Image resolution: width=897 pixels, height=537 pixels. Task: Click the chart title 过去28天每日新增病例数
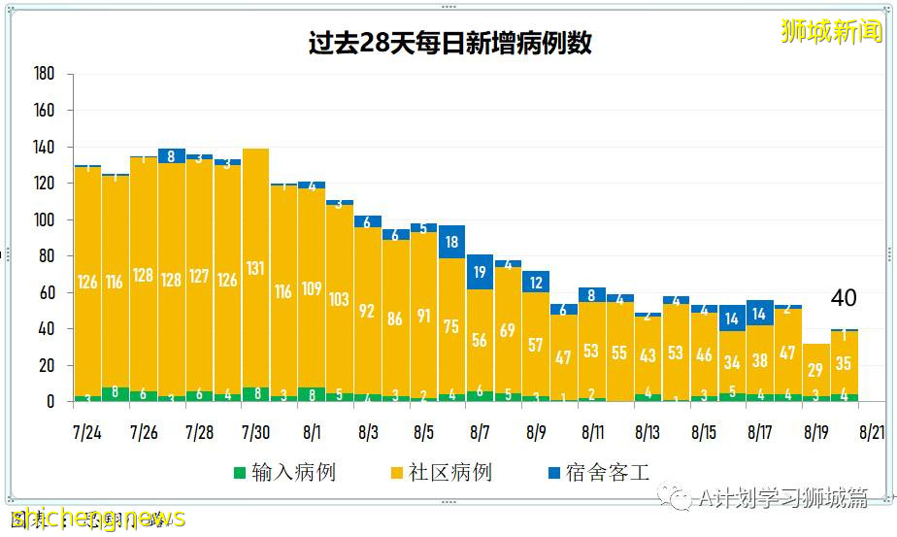tap(449, 44)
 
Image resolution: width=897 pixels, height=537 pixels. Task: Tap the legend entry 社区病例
tap(441, 473)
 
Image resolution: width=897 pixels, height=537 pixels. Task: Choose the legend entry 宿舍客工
tap(598, 473)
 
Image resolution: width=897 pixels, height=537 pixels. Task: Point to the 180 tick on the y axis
tap(44, 75)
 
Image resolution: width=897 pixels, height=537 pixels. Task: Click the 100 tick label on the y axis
tap(44, 220)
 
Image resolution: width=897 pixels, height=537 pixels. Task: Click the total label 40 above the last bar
tap(844, 298)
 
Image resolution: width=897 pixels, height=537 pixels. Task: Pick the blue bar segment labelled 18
tap(451, 242)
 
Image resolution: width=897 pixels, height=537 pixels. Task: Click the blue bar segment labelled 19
tap(480, 273)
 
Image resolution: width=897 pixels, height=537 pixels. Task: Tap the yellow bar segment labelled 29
tap(816, 369)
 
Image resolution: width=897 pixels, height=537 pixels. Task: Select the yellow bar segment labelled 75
tap(451, 326)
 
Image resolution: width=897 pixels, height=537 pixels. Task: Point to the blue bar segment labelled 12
tap(536, 282)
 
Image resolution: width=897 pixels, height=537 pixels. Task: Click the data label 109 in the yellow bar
tap(312, 288)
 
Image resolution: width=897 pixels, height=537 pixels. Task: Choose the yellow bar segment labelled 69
tap(508, 330)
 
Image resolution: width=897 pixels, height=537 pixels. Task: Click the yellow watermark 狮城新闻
tap(831, 32)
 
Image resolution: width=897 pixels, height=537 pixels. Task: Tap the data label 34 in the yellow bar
tap(732, 362)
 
